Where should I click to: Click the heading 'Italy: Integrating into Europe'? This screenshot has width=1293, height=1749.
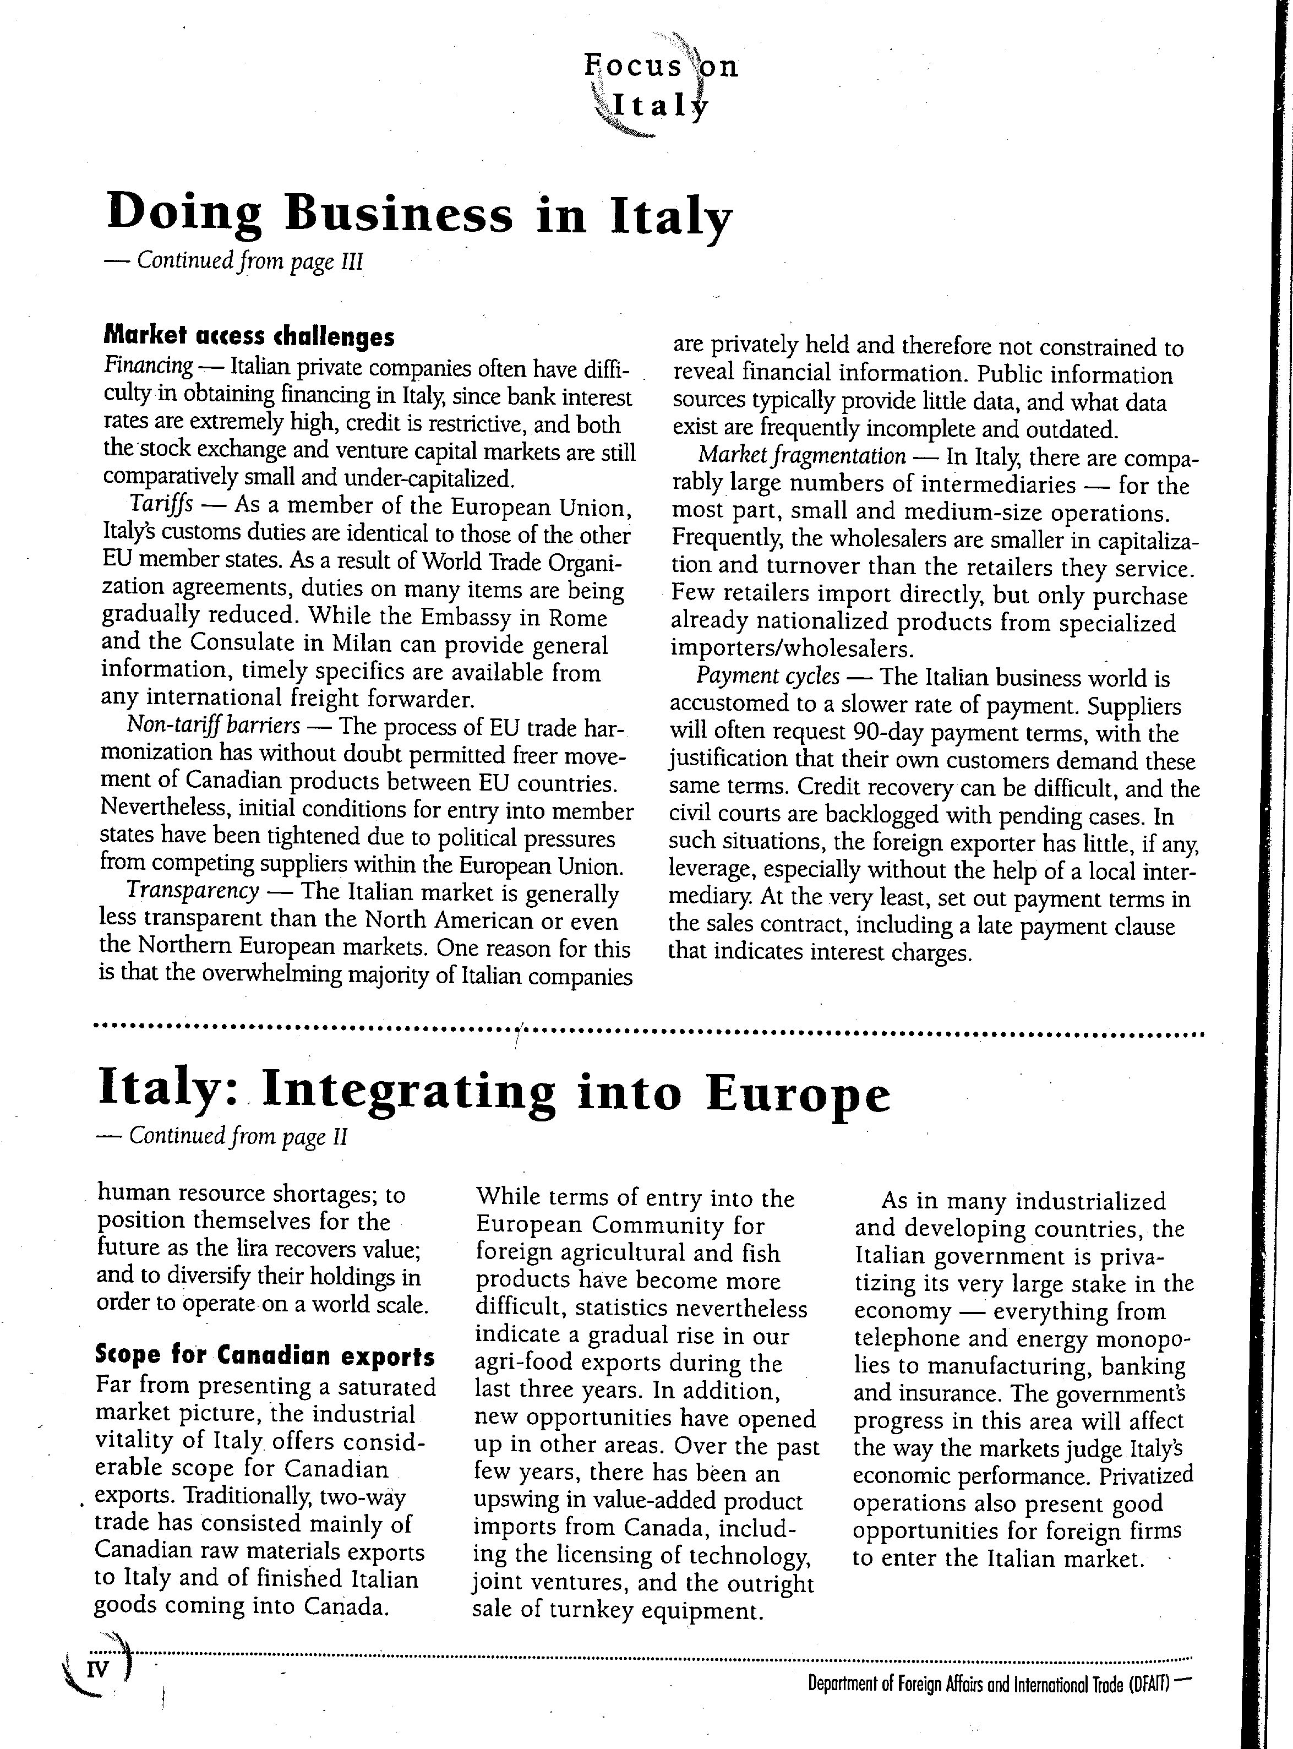[x=494, y=1094]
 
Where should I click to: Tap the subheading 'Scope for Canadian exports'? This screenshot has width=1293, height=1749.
[x=265, y=1354]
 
